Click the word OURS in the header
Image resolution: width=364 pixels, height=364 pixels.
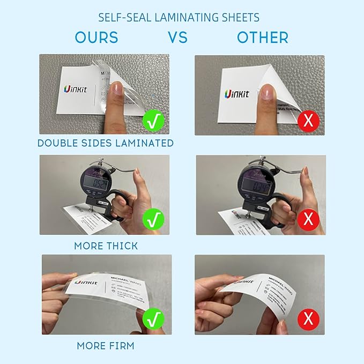[96, 37]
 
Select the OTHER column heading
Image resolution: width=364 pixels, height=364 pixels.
[263, 37]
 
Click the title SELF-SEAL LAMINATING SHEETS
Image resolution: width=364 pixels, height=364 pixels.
[179, 17]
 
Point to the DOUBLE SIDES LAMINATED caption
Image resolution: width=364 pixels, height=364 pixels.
[106, 143]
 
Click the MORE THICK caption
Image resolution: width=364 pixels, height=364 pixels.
[106, 246]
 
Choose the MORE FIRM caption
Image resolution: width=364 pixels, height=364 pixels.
[106, 346]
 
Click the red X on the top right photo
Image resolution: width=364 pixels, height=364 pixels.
[308, 120]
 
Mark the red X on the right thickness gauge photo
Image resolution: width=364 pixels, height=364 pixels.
[308, 219]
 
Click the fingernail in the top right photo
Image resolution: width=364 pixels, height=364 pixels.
[266, 95]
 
